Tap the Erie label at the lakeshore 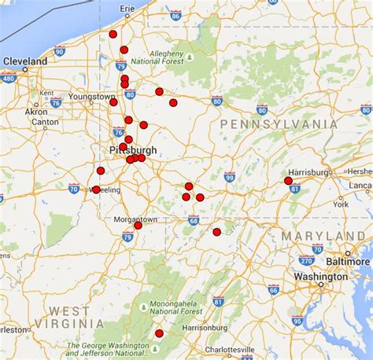(127, 8)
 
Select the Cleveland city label (25, 61)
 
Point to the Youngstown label (91, 96)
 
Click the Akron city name (36, 112)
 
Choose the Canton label (45, 122)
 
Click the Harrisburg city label (308, 172)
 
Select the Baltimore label (349, 261)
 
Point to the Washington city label (320, 277)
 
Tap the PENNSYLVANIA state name (279, 124)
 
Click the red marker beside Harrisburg (288, 181)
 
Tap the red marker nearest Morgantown (138, 225)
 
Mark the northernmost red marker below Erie (113, 34)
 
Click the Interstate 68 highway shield (194, 222)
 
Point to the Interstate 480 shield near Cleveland (9, 79)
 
